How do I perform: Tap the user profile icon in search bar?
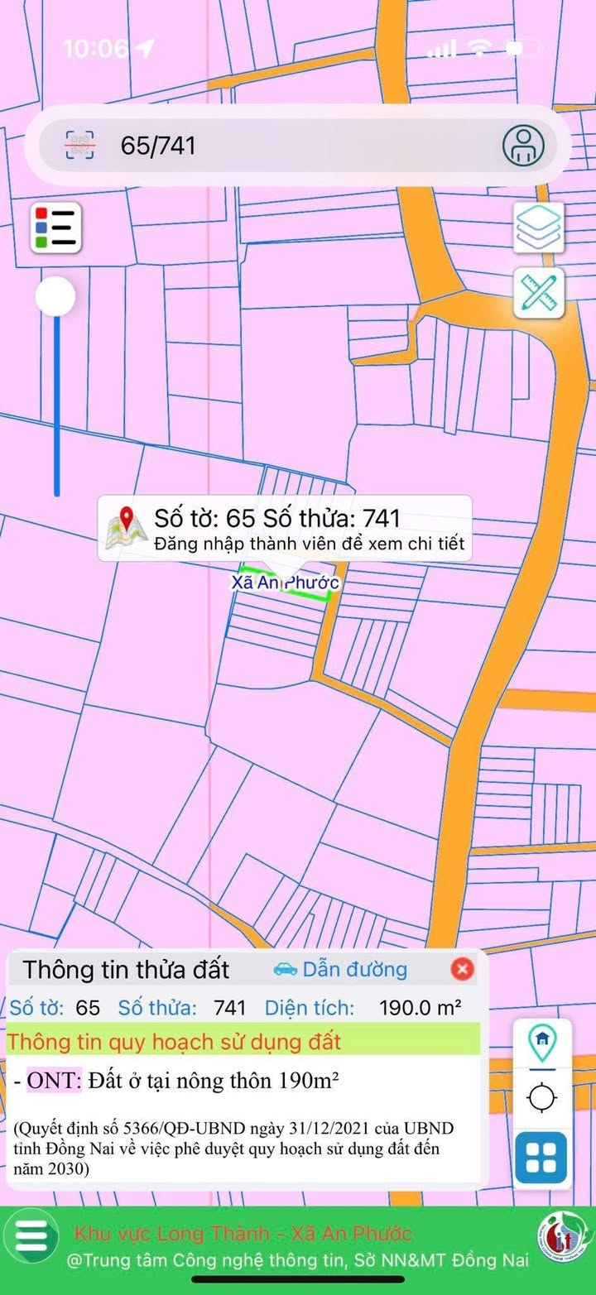(523, 146)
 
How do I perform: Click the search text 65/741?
(158, 146)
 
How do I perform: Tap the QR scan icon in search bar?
(80, 146)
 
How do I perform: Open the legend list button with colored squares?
(56, 226)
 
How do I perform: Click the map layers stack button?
(538, 226)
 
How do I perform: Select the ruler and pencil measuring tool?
(538, 292)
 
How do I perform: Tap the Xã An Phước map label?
(285, 583)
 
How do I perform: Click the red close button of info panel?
(462, 969)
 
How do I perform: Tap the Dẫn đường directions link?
(353, 969)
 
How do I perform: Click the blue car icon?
(285, 969)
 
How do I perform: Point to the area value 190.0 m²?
(420, 1008)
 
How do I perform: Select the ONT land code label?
(54, 1081)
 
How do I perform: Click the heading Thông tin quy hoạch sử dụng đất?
(175, 1041)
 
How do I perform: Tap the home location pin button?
(542, 1043)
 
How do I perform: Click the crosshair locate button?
(542, 1099)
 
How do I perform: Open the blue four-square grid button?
(541, 1157)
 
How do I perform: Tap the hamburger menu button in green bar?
(31, 1236)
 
